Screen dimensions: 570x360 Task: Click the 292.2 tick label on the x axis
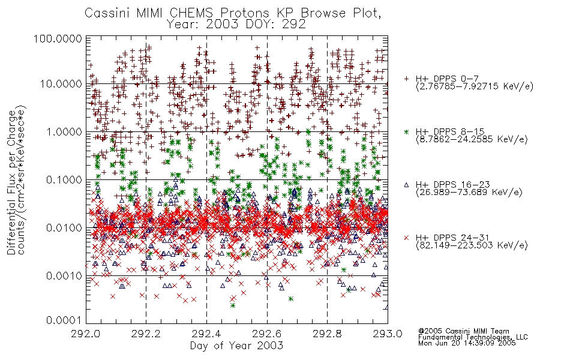pos(146,334)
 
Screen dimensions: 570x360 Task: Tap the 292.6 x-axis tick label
pos(267,334)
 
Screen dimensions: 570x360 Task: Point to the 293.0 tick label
pos(388,334)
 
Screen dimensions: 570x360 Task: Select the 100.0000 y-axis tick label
pos(58,38)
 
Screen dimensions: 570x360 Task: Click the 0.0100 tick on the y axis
pos(64,228)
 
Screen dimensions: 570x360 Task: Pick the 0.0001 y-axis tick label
pos(64,320)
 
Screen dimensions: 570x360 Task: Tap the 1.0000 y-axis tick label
pos(64,131)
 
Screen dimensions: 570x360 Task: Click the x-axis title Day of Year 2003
pos(236,346)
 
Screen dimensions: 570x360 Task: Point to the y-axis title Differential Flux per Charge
pos(11,182)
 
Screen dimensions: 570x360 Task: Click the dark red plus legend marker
pos(406,79)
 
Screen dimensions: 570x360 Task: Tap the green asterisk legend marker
pos(406,131)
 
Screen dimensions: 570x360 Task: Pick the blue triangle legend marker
pos(406,185)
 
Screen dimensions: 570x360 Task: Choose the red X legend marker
pos(406,238)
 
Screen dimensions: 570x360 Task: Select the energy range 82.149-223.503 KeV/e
pos(472,245)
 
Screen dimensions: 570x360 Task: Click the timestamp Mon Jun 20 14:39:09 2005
pos(467,343)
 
